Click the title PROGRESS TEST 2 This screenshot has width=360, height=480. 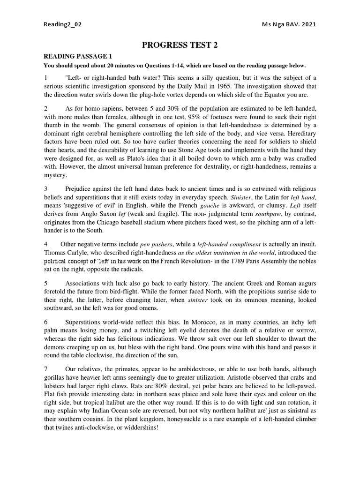pyautogui.click(x=180, y=45)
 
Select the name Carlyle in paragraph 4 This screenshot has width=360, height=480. pyautogui.click(x=78, y=253)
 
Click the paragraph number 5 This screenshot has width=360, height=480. pyautogui.click(x=45, y=284)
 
